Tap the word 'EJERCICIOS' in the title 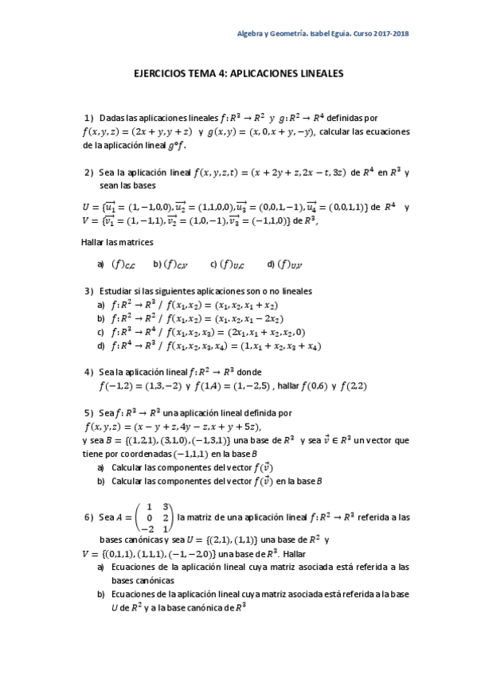162,72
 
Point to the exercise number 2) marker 88,171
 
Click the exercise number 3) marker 88,291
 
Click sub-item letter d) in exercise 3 100,345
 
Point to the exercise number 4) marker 88,372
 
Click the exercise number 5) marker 88,413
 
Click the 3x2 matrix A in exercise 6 154,517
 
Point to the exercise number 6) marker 88,517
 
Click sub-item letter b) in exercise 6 100,594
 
